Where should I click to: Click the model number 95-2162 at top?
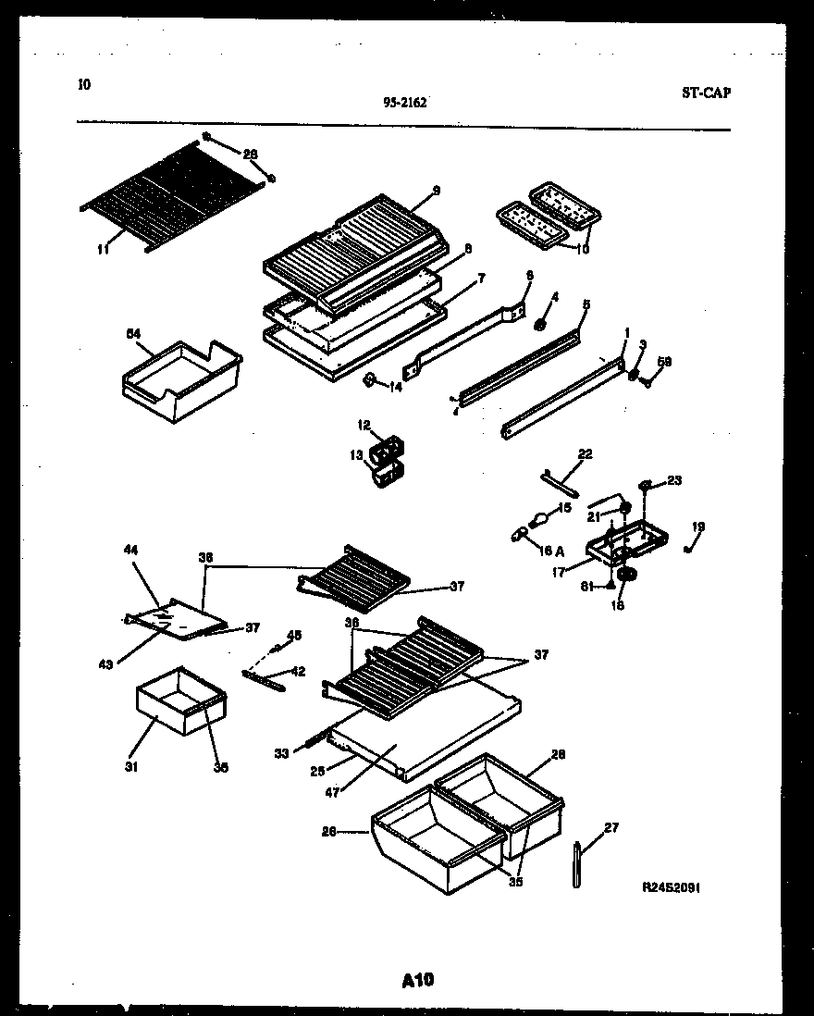tap(404, 103)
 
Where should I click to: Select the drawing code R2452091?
tap(671, 886)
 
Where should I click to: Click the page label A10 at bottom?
tap(418, 980)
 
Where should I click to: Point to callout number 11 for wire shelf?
tap(102, 248)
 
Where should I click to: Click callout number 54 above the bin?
tap(132, 333)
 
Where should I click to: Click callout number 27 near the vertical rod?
tap(611, 827)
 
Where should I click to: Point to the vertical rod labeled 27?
tap(577, 864)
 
